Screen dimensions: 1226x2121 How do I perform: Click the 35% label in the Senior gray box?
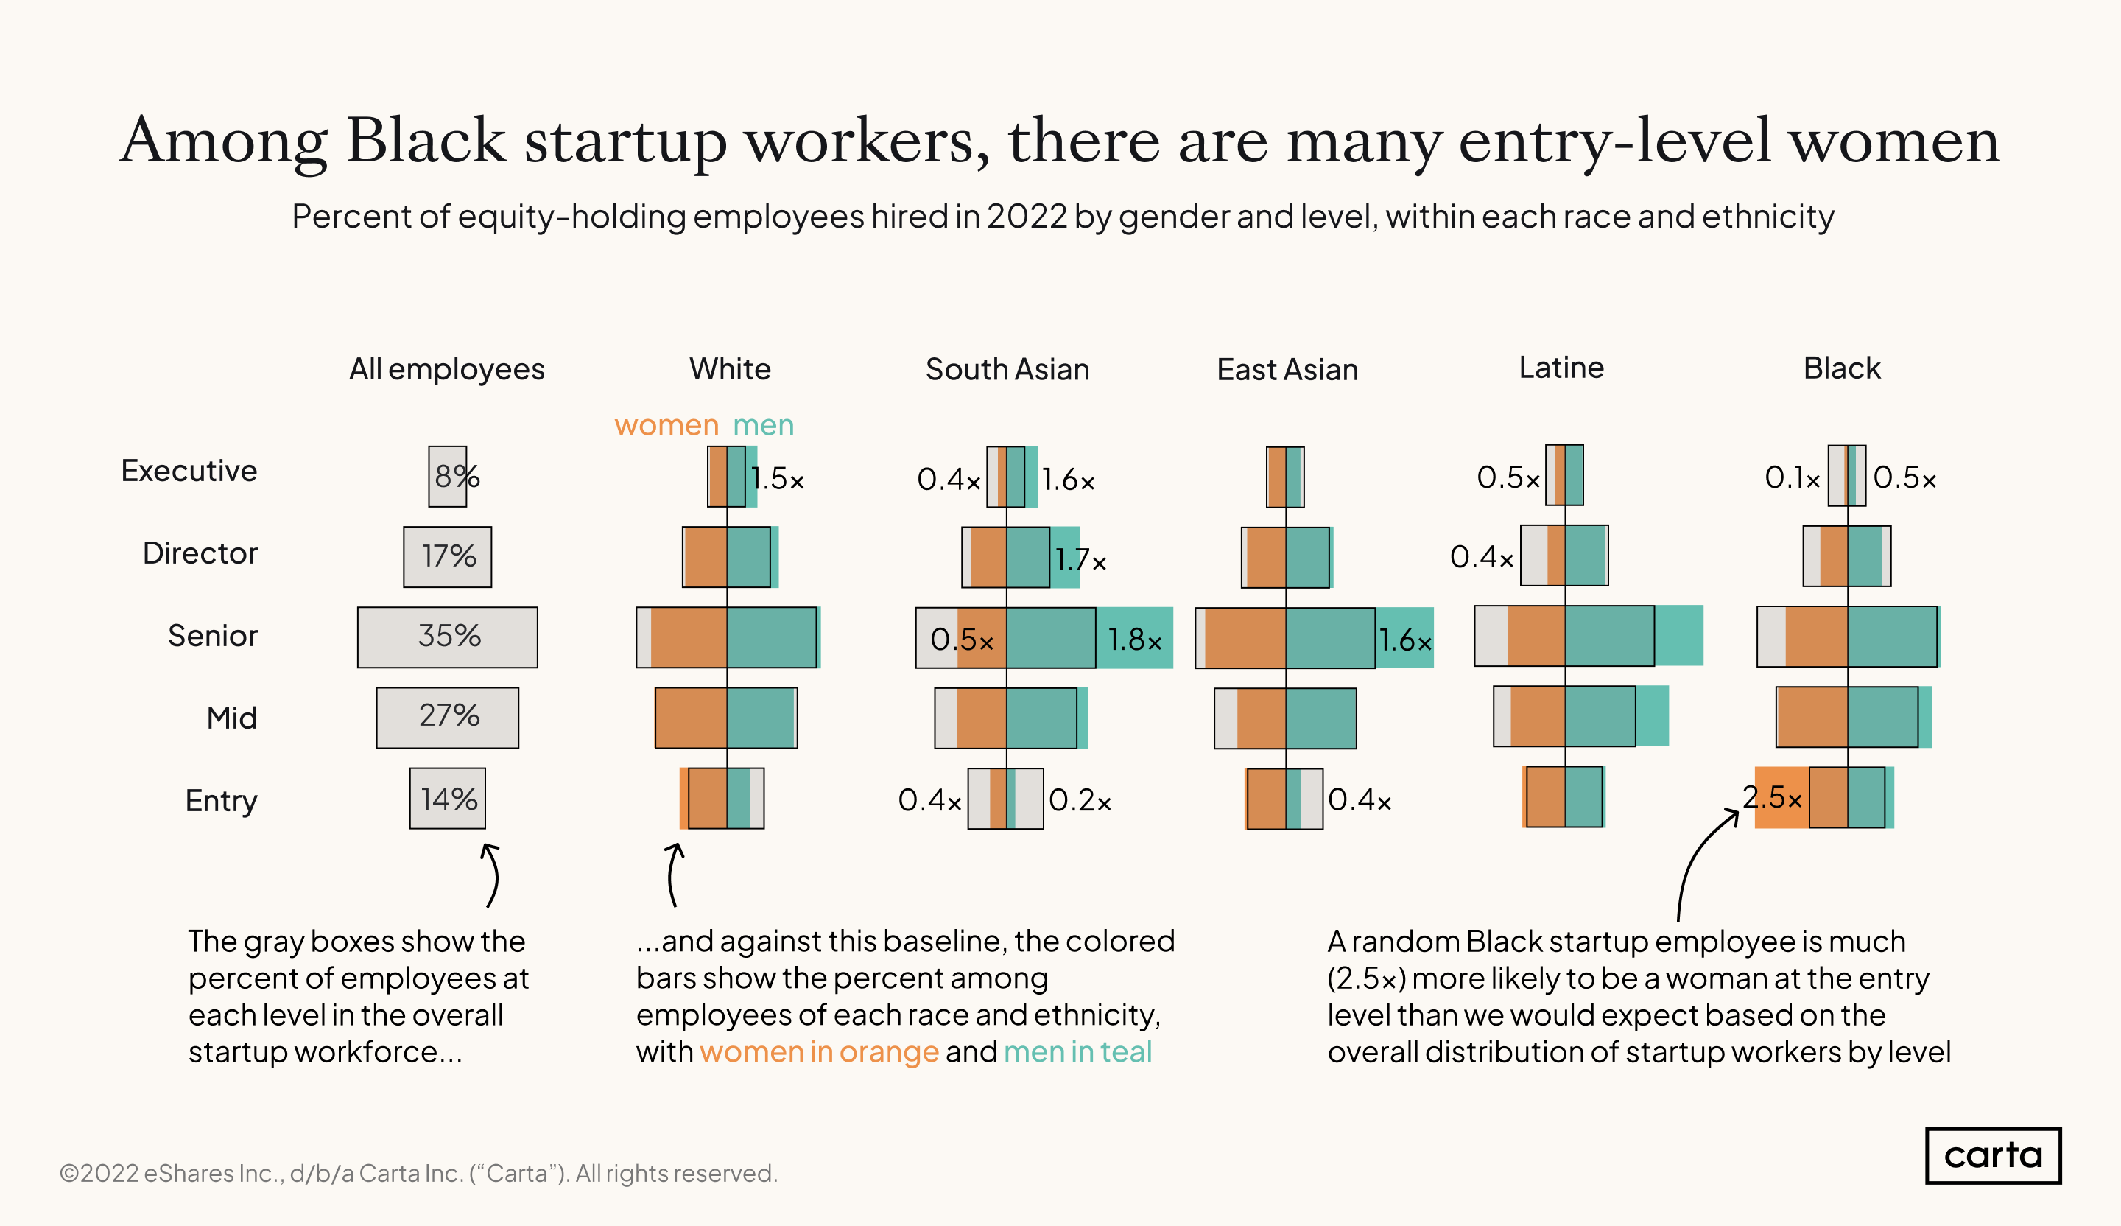449,636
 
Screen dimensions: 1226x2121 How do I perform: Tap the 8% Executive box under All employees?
448,477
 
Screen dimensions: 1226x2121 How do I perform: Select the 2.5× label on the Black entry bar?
1772,797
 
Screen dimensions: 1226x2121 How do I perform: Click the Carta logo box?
1992,1155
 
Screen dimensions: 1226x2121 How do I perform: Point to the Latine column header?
1561,368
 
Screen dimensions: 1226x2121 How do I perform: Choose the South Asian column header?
1007,370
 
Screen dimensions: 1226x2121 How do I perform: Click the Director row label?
200,553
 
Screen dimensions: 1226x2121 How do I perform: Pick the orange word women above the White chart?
666,425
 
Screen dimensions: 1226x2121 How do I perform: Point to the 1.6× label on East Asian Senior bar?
1404,641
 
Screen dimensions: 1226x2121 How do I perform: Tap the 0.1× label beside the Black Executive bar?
1792,478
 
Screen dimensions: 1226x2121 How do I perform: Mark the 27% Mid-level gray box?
448,718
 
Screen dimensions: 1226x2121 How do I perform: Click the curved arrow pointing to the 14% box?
490,876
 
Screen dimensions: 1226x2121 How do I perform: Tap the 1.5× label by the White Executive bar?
778,479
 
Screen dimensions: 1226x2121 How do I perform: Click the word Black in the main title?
425,141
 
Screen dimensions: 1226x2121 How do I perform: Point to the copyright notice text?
418,1173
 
